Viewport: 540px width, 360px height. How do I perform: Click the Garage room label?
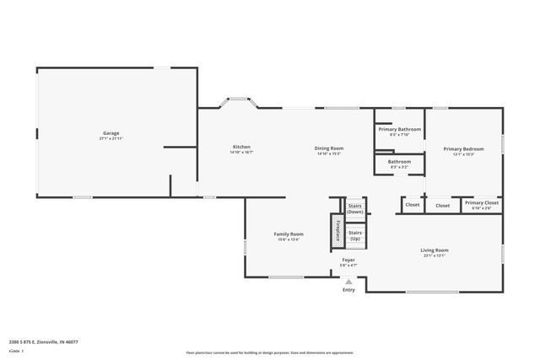(111, 133)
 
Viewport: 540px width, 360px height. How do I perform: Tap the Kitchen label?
(241, 148)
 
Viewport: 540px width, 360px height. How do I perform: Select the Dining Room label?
(330, 148)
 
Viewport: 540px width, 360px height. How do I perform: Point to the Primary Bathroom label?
(399, 129)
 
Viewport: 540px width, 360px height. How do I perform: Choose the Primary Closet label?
(481, 202)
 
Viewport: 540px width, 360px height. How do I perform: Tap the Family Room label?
(287, 234)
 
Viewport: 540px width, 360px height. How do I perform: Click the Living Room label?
(435, 250)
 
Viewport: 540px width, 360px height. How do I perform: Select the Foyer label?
(348, 261)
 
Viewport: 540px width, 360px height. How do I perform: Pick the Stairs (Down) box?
(355, 208)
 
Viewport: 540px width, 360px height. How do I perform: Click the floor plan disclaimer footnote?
(269, 352)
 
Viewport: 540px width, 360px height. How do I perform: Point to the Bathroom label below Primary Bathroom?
(399, 161)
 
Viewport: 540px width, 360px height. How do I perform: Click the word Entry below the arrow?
(348, 290)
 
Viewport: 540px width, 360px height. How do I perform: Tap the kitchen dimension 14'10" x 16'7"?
(241, 153)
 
